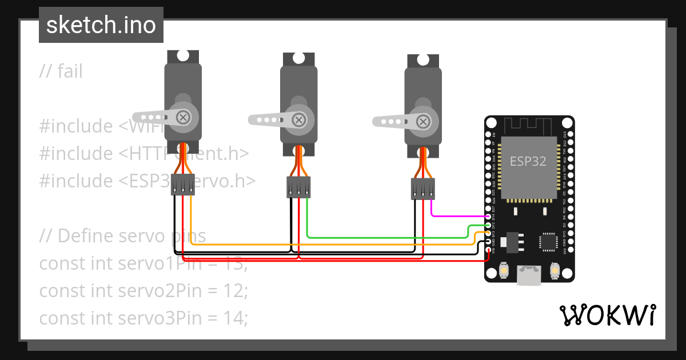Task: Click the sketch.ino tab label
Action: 101,25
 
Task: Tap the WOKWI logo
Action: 607,315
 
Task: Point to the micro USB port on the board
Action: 528,277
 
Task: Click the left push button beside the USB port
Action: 504,270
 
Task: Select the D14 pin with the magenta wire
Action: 488,217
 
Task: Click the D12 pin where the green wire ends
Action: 488,225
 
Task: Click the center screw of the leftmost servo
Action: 183,117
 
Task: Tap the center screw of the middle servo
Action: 298,119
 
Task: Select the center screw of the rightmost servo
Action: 422,121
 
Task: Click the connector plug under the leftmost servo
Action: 183,185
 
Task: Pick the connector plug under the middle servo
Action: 298,187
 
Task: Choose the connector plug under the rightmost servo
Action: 422,189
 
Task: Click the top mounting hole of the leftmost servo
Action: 183,56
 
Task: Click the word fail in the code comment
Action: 70,71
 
